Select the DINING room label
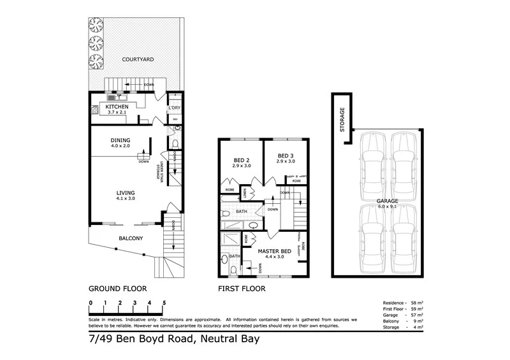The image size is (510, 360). [120, 140]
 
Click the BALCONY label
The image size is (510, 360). [130, 239]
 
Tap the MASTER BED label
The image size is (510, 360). [274, 252]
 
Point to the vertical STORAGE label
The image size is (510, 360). [342, 119]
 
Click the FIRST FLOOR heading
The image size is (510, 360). [242, 288]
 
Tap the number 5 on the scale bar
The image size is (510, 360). [164, 303]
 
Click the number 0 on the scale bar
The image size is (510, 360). [91, 303]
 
